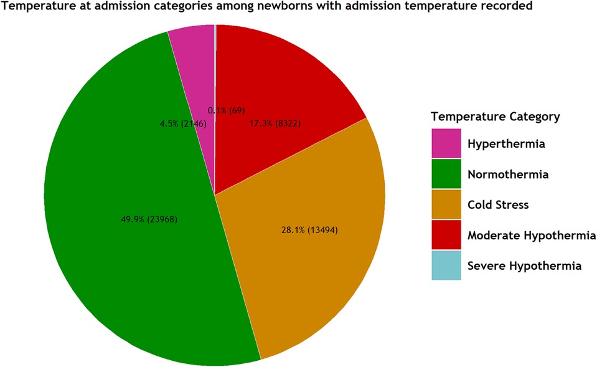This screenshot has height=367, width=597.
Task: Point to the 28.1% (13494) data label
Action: (x=309, y=229)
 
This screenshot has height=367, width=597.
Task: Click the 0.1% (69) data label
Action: (x=227, y=110)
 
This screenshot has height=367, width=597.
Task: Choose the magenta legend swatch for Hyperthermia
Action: (x=446, y=143)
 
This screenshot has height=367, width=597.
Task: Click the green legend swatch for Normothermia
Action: (x=446, y=174)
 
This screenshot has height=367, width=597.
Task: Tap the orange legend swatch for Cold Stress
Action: (x=446, y=204)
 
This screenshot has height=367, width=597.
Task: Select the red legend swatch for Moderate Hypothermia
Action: (x=446, y=235)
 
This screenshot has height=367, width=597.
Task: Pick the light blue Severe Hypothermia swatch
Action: (x=446, y=265)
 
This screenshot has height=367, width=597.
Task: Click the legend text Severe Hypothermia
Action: (x=524, y=265)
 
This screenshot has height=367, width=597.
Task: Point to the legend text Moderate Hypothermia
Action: (x=531, y=235)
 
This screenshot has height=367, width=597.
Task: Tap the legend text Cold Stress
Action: (x=499, y=204)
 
